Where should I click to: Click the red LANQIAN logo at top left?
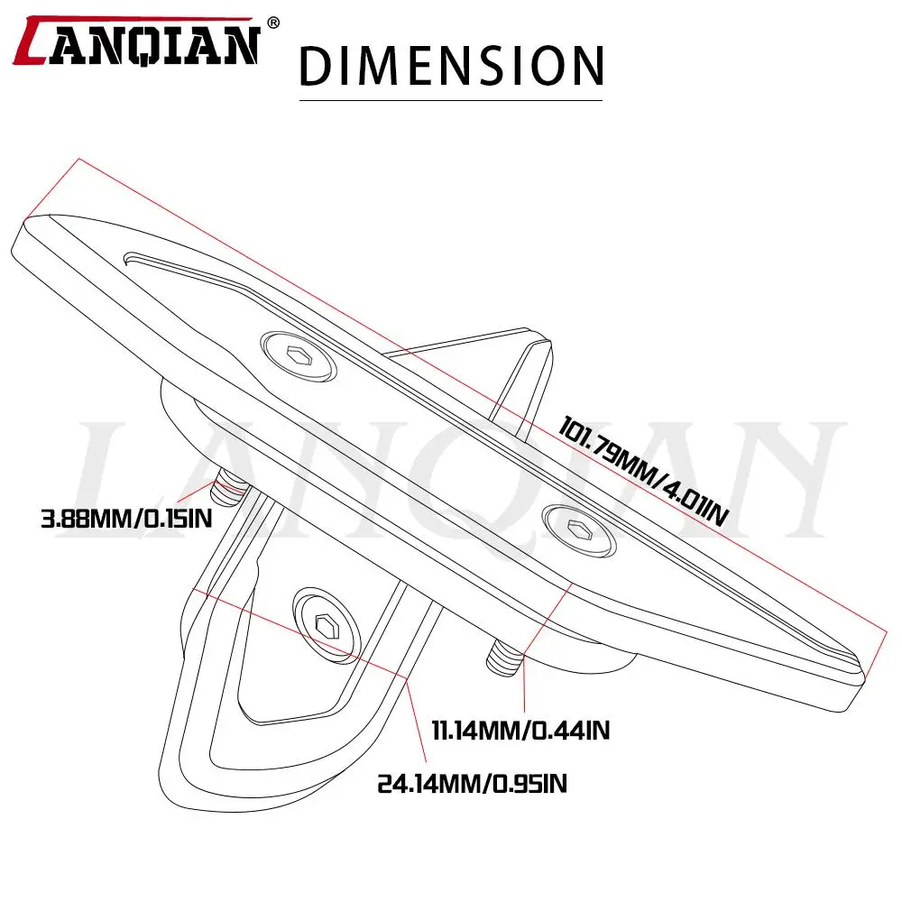(137, 41)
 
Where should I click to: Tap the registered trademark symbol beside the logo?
(274, 23)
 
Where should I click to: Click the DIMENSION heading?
(452, 66)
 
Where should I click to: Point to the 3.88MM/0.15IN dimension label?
(126, 519)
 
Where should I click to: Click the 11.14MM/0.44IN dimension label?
(520, 731)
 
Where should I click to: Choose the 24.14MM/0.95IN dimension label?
(472, 784)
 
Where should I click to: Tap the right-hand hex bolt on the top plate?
(580, 530)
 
